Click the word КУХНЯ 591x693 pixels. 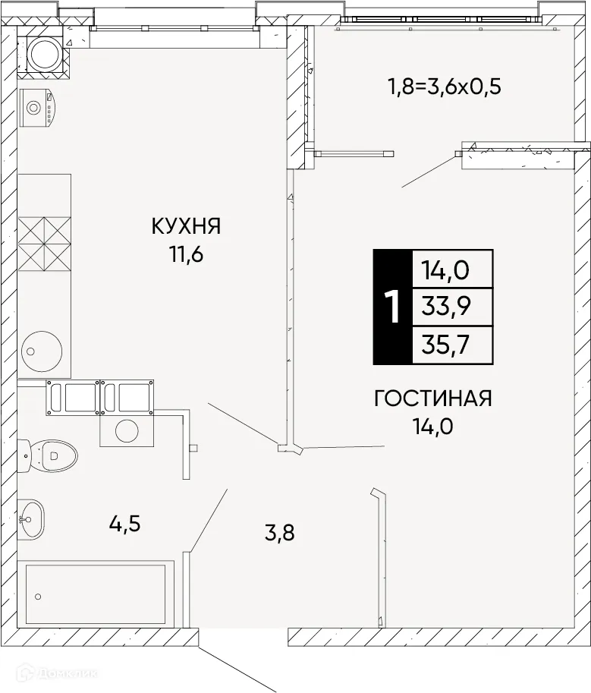click(186, 225)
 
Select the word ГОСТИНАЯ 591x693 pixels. click(433, 398)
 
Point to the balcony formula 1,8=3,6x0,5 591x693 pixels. click(445, 86)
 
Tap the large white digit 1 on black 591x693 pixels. click(392, 307)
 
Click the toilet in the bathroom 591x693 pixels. click(50, 456)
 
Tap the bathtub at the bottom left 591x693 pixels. click(95, 594)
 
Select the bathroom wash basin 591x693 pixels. click(30, 520)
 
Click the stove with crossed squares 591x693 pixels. click(44, 242)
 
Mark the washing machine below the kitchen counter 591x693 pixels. click(127, 430)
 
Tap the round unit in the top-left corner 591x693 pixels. click(46, 52)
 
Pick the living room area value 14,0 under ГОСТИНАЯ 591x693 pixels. click(433, 426)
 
